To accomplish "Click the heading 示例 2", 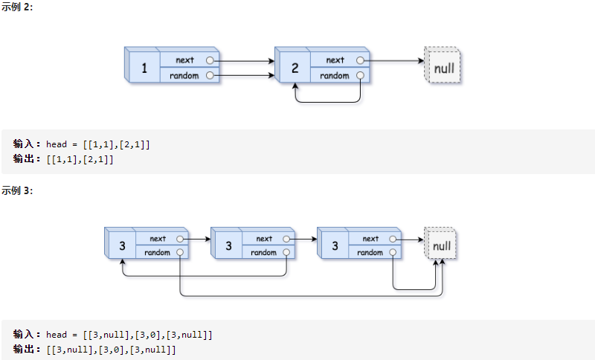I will [x=16, y=7].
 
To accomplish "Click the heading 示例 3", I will [x=16, y=191].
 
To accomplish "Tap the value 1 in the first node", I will [x=144, y=70].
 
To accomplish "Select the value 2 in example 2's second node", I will [x=295, y=69].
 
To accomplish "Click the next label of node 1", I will [x=184, y=60].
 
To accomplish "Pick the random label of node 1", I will [x=184, y=76].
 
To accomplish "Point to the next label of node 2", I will [x=335, y=60].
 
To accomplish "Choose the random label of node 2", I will [x=334, y=76].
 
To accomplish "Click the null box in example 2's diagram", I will [x=444, y=68].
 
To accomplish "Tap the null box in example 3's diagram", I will [x=442, y=245].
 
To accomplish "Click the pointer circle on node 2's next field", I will [x=361, y=60].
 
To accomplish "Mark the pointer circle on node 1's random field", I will [x=210, y=76].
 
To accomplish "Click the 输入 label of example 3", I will [x=28, y=335].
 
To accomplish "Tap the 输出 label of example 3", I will [x=28, y=349].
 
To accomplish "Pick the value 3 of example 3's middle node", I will [x=228, y=246].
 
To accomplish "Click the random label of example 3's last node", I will [x=370, y=253].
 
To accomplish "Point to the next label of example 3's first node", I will [x=158, y=239].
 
